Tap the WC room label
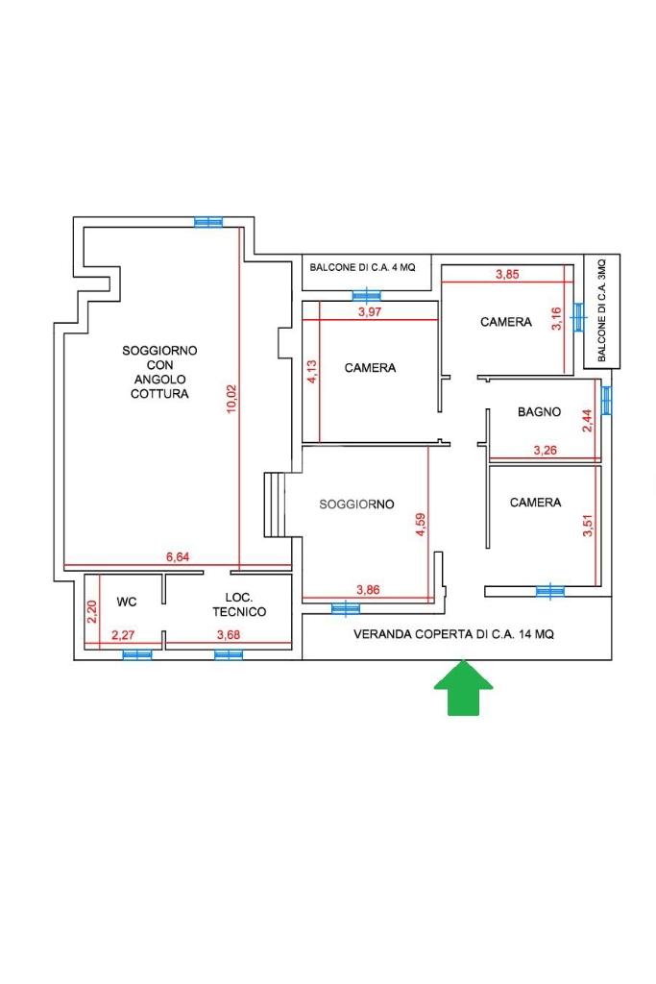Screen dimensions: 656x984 (127, 602)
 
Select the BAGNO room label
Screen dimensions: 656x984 (539, 411)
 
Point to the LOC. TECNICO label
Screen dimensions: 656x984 (239, 604)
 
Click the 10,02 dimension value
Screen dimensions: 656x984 (231, 398)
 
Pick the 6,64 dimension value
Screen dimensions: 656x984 (178, 556)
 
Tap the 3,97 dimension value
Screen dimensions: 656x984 (370, 311)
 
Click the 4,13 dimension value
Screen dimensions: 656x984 (312, 371)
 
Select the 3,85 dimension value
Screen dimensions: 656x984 (507, 274)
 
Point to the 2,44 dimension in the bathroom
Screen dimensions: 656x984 (587, 421)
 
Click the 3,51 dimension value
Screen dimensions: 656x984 (587, 526)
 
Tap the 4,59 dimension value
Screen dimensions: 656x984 (420, 524)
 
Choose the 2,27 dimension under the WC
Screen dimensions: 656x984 (123, 635)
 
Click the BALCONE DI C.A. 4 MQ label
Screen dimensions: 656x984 (362, 267)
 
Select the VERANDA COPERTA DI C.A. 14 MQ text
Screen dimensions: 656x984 (453, 634)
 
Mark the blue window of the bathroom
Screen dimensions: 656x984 (606, 401)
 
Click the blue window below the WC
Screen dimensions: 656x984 (137, 654)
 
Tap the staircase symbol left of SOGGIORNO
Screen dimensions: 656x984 (274, 504)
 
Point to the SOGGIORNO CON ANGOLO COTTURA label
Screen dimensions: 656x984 (159, 372)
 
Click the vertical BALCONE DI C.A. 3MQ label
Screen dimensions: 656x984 (602, 310)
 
